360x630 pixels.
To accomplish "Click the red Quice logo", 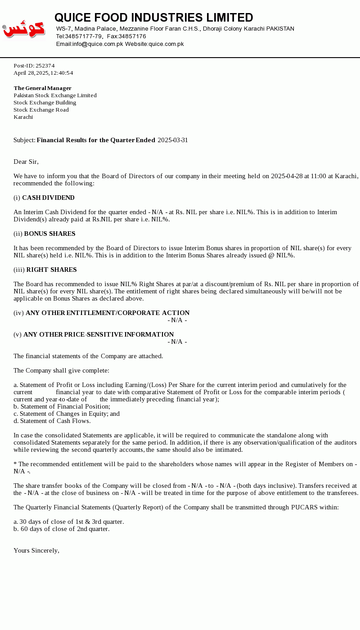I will [24, 29].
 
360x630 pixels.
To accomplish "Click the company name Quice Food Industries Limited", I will [153, 18].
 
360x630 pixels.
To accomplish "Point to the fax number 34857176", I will [132, 36].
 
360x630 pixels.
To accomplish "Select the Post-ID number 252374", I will [45, 66].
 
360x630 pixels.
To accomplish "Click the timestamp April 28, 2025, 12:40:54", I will [43, 73].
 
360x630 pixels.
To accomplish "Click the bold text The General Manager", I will [42, 88].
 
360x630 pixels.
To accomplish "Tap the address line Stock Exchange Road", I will [41, 110].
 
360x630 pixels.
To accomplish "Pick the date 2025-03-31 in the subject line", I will [173, 140].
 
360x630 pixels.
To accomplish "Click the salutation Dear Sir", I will [26, 162].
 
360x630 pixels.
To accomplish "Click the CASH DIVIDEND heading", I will [48, 198].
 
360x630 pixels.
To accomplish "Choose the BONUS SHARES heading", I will [49, 234].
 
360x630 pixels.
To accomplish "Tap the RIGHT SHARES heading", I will [51, 270].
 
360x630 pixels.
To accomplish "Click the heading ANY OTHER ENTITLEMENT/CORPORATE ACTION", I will [108, 313].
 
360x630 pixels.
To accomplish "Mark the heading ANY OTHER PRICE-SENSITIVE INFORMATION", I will [99, 335].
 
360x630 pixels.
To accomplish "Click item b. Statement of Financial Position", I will [62, 407].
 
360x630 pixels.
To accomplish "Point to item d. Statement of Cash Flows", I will [52, 421].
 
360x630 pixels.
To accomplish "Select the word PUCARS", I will [305, 508].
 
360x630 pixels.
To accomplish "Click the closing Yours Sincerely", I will [36, 551].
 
